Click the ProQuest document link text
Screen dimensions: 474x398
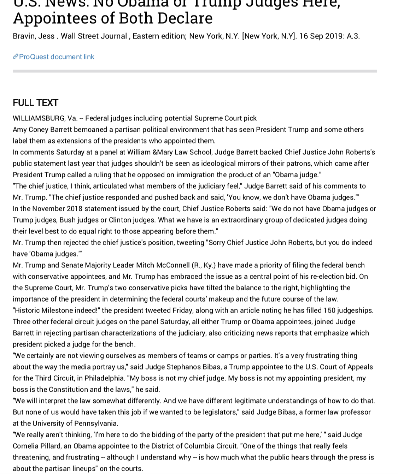coord(57,57)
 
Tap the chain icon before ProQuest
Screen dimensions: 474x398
coord(16,57)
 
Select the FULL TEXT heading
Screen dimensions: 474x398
coord(35,103)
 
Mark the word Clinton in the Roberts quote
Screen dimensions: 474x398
coord(121,220)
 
